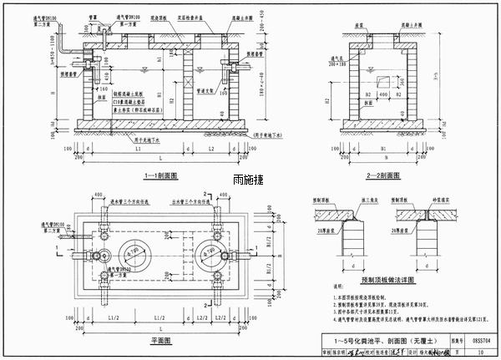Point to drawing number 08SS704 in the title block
point(482,341)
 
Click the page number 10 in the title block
point(482,352)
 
